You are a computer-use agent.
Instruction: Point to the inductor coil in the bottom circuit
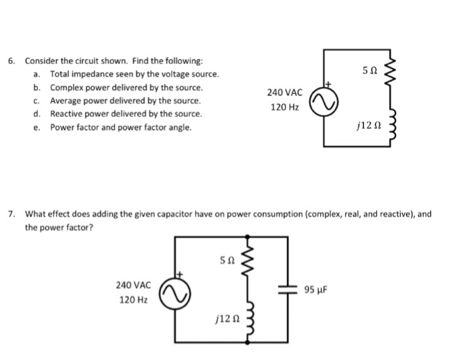point(248,319)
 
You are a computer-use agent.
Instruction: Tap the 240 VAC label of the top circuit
point(284,92)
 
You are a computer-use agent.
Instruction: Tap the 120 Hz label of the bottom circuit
point(133,299)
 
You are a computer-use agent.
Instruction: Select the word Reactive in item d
point(67,114)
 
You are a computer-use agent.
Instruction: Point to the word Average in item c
point(66,100)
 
